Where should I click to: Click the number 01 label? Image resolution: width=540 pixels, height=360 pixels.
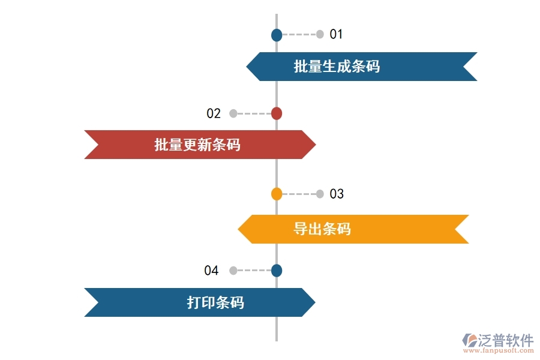pos(336,34)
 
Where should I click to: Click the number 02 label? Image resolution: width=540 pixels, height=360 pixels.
pos(214,113)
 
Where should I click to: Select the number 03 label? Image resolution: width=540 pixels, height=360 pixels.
pos(337,194)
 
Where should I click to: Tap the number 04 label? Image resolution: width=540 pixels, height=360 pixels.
pos(211,271)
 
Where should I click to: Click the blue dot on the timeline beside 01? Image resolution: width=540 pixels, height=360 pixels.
pos(277,35)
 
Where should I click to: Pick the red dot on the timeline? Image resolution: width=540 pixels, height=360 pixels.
pos(277,113)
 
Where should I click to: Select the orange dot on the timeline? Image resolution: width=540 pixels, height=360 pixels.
pos(277,194)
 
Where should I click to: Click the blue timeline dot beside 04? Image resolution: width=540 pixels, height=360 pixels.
pos(277,271)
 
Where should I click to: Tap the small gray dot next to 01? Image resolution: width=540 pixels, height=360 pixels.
pos(320,34)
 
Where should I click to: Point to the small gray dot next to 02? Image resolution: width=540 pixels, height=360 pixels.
pos(233,113)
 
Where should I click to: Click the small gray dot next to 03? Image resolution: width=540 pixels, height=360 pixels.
pos(320,194)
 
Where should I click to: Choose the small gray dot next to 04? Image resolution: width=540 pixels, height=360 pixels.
pos(233,271)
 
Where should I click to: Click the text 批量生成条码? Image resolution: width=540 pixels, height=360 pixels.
pos(337,67)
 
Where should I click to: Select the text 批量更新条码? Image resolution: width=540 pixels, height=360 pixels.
pos(197,145)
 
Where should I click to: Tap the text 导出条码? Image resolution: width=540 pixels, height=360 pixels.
pos(322,229)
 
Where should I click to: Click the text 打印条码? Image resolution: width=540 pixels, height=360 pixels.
pos(215,302)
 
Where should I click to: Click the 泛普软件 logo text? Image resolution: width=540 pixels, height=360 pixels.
pos(505,340)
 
